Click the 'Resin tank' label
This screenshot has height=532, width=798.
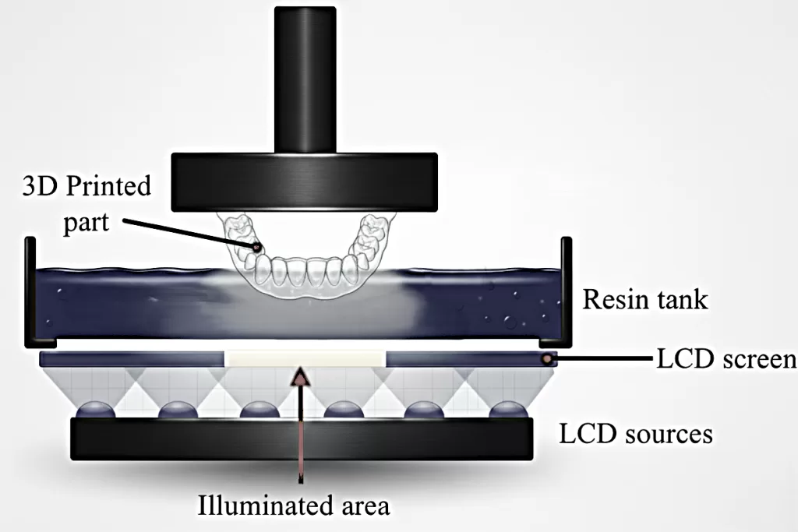[646, 298]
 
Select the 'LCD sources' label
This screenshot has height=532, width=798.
[636, 433]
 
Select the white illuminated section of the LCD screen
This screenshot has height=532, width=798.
[305, 359]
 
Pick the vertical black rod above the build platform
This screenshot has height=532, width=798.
[305, 78]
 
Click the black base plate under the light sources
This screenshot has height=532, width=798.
[302, 439]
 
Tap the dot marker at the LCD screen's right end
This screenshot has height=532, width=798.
[549, 359]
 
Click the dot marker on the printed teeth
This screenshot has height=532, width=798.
[256, 247]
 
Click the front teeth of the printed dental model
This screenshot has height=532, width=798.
[305, 272]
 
